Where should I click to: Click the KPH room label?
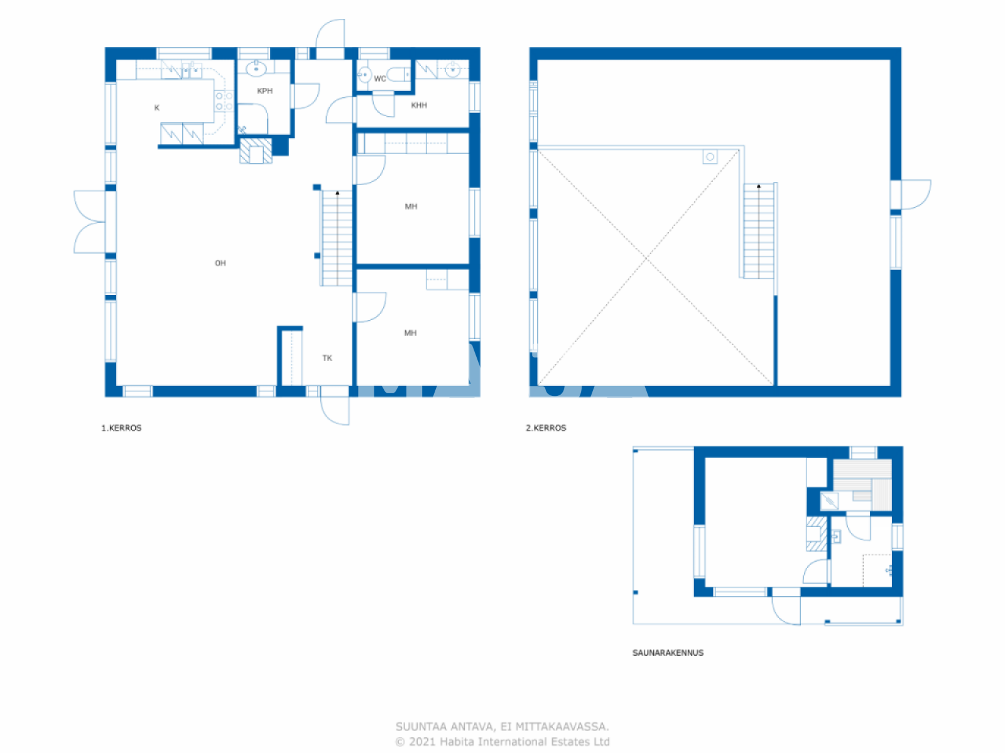click(x=264, y=91)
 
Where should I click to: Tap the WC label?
click(x=379, y=78)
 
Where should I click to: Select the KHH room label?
click(x=419, y=105)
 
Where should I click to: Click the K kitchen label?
click(x=157, y=108)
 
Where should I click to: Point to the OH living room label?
click(x=220, y=263)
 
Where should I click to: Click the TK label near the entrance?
click(x=327, y=358)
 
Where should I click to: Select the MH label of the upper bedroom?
click(x=411, y=206)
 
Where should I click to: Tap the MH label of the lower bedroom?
click(x=410, y=333)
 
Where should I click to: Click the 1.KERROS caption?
click(x=122, y=428)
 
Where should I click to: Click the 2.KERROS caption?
click(x=546, y=428)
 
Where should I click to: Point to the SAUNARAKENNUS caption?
click(x=668, y=653)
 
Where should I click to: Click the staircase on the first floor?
click(x=337, y=238)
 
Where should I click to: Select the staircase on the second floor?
click(x=759, y=231)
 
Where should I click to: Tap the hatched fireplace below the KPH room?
click(x=256, y=151)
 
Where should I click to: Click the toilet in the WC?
click(x=398, y=75)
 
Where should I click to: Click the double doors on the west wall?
click(x=90, y=222)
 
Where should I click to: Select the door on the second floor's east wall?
click(x=915, y=194)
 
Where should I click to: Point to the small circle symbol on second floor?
click(x=710, y=157)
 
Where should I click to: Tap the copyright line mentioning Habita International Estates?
click(x=503, y=742)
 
